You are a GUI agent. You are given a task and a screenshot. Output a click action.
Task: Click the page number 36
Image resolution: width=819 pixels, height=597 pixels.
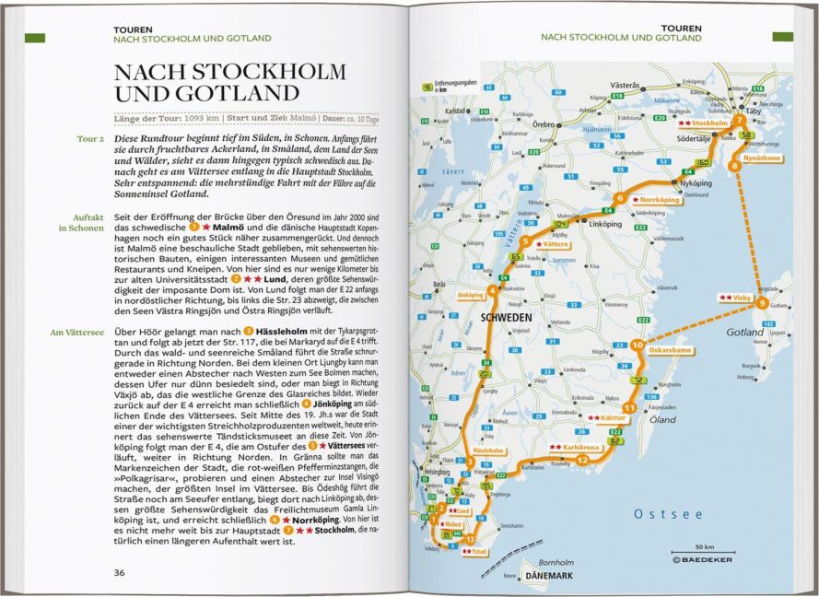(119, 572)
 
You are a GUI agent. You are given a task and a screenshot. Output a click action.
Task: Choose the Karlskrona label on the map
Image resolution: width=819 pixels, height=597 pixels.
(574, 448)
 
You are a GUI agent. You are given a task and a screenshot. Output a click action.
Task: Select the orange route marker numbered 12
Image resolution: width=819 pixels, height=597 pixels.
(582, 458)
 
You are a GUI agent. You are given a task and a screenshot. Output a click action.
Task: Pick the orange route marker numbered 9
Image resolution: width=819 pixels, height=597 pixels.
(762, 303)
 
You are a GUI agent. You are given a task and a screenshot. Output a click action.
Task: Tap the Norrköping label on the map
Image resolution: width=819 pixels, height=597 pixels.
(658, 198)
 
